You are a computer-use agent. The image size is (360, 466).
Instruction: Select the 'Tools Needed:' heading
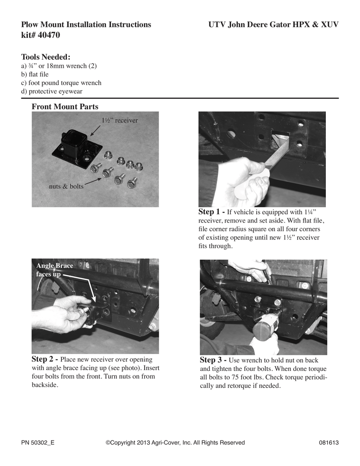coord(46,57)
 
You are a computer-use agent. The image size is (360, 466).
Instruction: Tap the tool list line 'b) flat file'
coord(35,74)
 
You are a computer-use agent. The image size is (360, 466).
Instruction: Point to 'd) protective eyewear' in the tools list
coord(52,91)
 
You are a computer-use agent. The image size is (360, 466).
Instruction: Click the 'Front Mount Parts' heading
coord(65,106)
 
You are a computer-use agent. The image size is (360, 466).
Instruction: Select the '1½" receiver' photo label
coord(120,120)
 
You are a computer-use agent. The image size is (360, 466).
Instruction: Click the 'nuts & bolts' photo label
coord(66,186)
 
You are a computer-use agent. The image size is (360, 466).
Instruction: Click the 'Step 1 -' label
coord(211,212)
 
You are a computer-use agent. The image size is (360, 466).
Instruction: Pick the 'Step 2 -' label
coord(45,360)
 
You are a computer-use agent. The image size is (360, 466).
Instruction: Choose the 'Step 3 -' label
coord(213,360)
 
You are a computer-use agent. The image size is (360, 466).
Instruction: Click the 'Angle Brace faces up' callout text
coord(55,270)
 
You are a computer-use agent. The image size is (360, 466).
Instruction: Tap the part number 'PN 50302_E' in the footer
coord(38,442)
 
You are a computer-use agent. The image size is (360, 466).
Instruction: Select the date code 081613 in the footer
coord(329,442)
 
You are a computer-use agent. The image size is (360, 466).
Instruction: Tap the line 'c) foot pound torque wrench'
coord(61,83)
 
